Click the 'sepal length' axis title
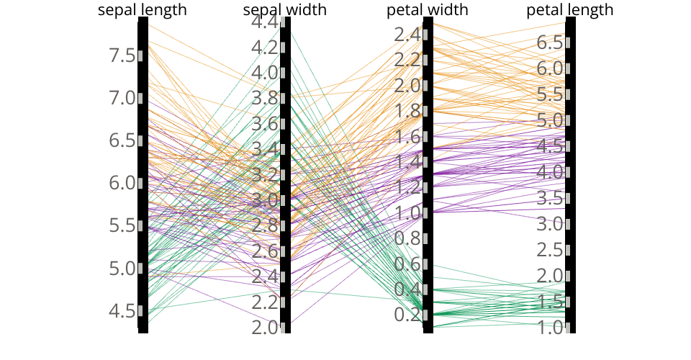(143, 10)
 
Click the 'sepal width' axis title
(285, 10)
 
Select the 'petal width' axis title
(428, 10)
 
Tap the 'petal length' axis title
(570, 10)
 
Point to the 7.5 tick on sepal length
(122, 55)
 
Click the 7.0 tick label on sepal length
(122, 98)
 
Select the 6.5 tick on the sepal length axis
(122, 140)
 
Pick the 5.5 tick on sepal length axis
(122, 225)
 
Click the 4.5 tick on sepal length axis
(122, 311)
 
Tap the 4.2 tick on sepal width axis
(265, 48)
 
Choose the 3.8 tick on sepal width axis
(265, 99)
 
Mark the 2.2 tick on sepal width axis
(265, 302)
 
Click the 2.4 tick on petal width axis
(407, 35)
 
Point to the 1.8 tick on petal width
(407, 111)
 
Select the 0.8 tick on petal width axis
(407, 238)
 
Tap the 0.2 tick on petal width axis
(407, 315)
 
